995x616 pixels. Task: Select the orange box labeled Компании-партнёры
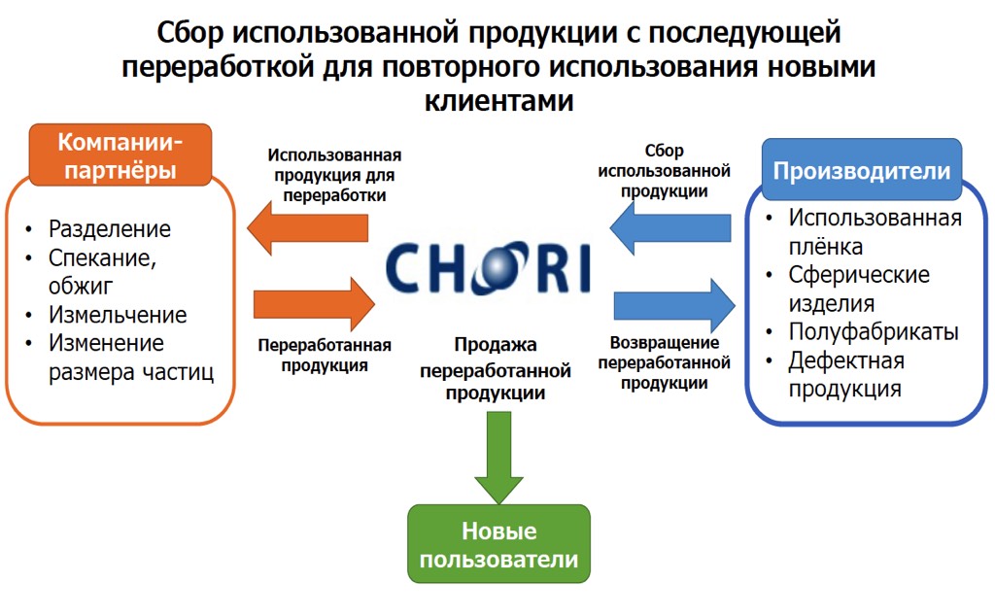120,155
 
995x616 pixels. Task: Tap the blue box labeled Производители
861,170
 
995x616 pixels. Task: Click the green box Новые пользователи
498,545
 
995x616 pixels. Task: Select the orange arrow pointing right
313,303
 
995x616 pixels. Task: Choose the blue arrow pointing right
674,305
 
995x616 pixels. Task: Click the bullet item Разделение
110,229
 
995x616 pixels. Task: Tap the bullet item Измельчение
118,315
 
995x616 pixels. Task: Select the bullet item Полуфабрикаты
874,332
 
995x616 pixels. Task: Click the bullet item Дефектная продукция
846,375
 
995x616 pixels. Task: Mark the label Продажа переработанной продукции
496,369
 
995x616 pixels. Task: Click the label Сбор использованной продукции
665,171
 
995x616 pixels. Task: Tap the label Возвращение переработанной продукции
665,362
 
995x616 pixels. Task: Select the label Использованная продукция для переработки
335,175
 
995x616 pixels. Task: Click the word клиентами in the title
498,99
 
